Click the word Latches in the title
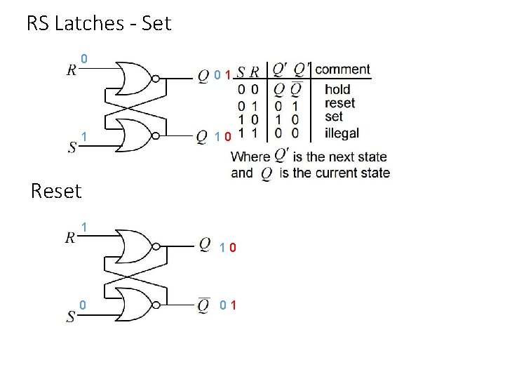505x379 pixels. [92, 24]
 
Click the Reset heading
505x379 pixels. [57, 190]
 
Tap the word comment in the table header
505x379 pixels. [342, 69]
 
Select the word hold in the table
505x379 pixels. [337, 90]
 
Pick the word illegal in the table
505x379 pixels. [342, 132]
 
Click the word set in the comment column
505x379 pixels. [333, 117]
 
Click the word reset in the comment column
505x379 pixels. [340, 103]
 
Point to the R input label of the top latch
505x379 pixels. [72, 70]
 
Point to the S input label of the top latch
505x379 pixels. [72, 147]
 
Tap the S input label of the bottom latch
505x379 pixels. [71, 317]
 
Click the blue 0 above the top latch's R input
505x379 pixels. [83, 58]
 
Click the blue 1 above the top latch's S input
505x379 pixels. [83, 135]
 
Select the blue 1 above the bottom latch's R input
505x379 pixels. [83, 227]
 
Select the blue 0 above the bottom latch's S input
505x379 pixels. [83, 305]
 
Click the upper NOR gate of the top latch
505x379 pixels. [136, 79]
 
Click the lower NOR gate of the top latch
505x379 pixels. [136, 135]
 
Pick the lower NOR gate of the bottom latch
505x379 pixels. [136, 305]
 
